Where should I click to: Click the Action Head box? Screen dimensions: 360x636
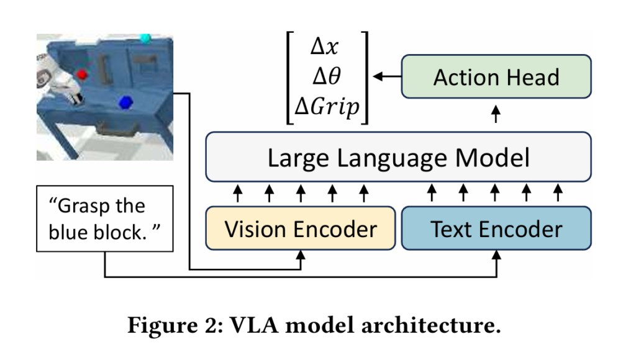click(x=496, y=77)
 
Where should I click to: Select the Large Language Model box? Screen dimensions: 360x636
click(x=398, y=157)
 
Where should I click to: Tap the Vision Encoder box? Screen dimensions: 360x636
click(x=301, y=229)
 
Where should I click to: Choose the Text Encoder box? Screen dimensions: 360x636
click(x=496, y=229)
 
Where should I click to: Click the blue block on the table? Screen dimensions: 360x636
click(x=127, y=101)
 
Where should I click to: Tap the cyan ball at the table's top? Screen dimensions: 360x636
click(x=146, y=38)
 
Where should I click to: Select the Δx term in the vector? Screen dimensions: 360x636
click(x=327, y=47)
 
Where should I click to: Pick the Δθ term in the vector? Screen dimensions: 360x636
click(x=327, y=77)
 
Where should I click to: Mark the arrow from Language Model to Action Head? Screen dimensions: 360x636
click(x=496, y=114)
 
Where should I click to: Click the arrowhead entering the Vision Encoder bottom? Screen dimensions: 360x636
click(x=301, y=254)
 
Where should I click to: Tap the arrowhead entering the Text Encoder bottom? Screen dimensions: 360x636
click(x=496, y=254)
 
